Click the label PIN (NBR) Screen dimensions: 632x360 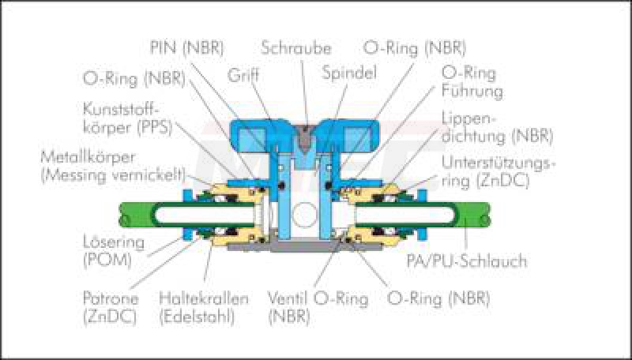coord(186,48)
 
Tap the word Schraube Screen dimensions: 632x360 coord(296,48)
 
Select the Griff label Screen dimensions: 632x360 coord(243,75)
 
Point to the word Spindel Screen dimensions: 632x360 coord(349,73)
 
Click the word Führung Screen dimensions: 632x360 coord(472,91)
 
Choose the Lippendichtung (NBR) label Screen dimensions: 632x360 coord(498,127)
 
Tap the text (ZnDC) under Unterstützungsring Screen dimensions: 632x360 coord(502,182)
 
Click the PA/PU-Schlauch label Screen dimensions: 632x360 coord(466,261)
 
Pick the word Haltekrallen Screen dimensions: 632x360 coord(204,298)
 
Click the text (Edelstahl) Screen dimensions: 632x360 coord(197,317)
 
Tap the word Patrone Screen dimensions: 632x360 coord(111,298)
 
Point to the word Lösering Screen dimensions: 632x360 coord(114,243)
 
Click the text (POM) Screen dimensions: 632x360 coord(107,261)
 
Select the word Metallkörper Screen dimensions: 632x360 coord(88,157)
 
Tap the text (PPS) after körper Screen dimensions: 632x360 coord(154,128)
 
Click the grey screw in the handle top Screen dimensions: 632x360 coord(305,137)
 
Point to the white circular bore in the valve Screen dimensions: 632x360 coord(305,214)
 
